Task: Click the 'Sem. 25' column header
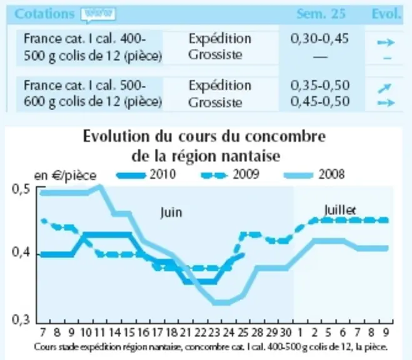[321, 14]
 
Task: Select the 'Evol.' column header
[386, 14]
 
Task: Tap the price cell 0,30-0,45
[319, 39]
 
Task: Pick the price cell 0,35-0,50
[320, 86]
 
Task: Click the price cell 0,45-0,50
[320, 102]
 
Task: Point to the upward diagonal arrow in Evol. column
[384, 88]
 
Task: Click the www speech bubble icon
[98, 14]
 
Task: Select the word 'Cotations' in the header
[44, 14]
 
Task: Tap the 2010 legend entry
[146, 174]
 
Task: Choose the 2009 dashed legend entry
[230, 174]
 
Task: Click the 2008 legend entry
[314, 174]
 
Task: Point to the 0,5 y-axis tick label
[21, 189]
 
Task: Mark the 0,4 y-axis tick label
[21, 253]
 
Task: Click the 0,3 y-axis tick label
[21, 320]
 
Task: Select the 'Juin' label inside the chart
[171, 212]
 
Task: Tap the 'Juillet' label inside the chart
[340, 210]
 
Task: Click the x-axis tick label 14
[115, 332]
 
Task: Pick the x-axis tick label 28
[257, 332]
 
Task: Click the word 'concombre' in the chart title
[285, 136]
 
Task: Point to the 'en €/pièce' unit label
[65, 176]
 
